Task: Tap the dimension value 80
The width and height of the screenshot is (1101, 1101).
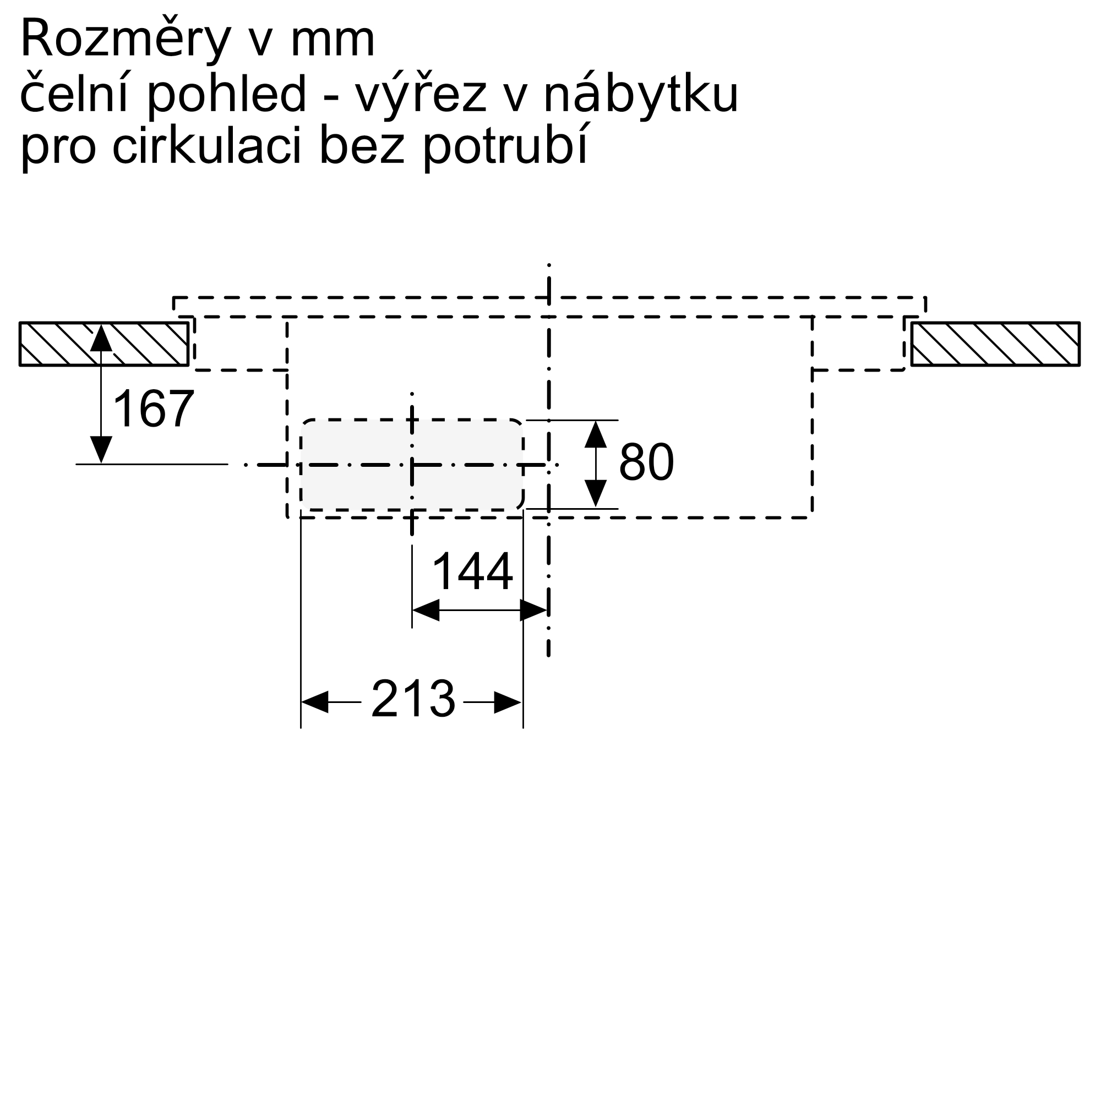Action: pyautogui.click(x=646, y=462)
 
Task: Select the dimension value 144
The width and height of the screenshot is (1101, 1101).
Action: pyautogui.click(x=472, y=572)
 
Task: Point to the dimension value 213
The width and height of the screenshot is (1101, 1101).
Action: pyautogui.click(x=413, y=699)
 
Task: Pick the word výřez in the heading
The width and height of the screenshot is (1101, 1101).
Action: pyautogui.click(x=421, y=95)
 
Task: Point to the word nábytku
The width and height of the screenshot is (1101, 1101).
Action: pyautogui.click(x=641, y=95)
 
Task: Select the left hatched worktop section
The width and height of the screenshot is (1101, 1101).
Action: pyautogui.click(x=103, y=344)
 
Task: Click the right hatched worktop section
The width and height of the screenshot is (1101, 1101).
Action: pyautogui.click(x=995, y=344)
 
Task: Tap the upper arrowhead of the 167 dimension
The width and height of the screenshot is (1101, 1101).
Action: pyautogui.click(x=101, y=337)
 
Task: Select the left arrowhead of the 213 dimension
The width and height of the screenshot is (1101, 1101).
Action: pyautogui.click(x=314, y=702)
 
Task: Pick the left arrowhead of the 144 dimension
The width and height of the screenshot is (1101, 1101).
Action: pyautogui.click(x=425, y=611)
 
